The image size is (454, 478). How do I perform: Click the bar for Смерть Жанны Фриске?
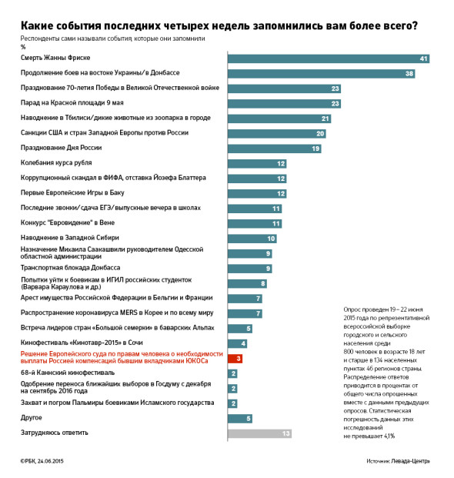[x=329, y=58]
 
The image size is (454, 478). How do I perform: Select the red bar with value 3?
[x=235, y=359]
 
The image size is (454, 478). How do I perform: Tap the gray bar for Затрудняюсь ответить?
[x=259, y=433]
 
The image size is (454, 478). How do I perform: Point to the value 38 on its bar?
[x=409, y=73]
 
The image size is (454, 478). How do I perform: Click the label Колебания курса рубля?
[x=56, y=162]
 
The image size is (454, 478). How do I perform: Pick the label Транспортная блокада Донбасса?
[x=70, y=268]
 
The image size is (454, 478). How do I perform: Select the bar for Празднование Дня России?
[x=274, y=149]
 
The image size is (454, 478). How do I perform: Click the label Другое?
[x=31, y=418]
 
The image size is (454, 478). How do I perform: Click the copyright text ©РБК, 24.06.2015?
[x=42, y=461]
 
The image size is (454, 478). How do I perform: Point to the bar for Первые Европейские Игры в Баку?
[x=257, y=193]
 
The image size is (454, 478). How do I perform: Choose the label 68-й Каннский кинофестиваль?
[x=68, y=373]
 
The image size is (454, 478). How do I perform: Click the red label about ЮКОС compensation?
[x=122, y=357]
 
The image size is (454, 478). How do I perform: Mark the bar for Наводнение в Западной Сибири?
[x=252, y=239]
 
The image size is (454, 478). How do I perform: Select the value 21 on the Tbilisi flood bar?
[x=325, y=119]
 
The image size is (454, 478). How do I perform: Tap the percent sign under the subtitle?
[x=23, y=47]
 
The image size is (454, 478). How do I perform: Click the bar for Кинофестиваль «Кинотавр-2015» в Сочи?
[x=237, y=343]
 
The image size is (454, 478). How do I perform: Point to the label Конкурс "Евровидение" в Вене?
[x=68, y=222]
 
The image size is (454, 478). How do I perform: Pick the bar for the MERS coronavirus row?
[x=245, y=313]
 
